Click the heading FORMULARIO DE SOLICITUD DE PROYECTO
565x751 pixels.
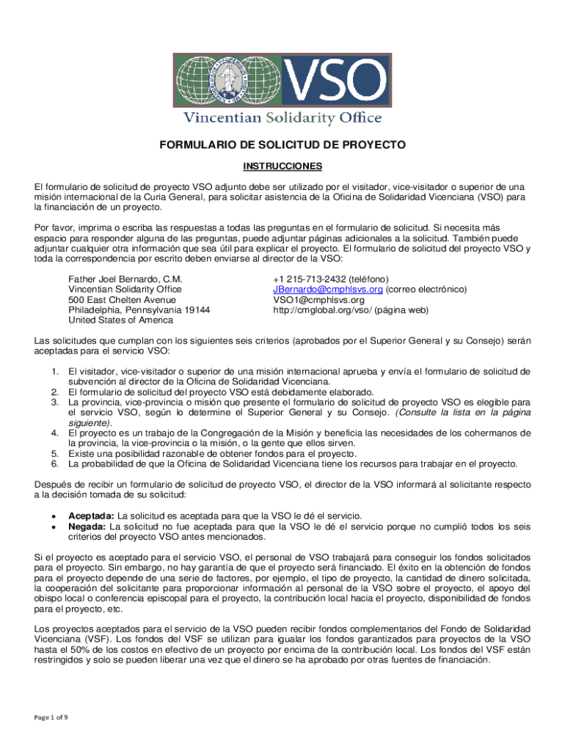tap(282, 146)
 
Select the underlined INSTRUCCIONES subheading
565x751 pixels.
tap(282, 167)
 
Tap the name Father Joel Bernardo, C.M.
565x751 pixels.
tap(125, 279)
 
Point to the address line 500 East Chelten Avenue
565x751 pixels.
tap(122, 300)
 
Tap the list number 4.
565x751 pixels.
tap(55, 433)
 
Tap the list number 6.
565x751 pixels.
tap(55, 464)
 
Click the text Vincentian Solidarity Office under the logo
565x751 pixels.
tap(282, 118)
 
